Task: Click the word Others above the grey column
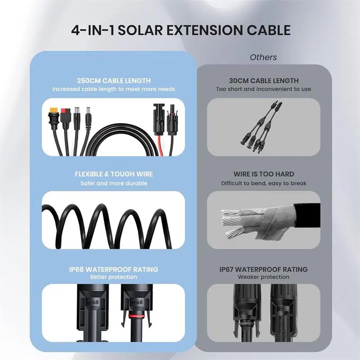point(263,57)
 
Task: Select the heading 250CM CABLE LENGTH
point(113,81)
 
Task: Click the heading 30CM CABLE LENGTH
point(263,81)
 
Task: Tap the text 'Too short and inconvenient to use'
point(263,89)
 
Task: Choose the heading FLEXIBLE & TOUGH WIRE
point(113,174)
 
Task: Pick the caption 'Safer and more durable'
point(113,183)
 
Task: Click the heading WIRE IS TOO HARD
point(263,174)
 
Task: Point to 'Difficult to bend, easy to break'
point(263,183)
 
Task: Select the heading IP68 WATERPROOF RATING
point(113,269)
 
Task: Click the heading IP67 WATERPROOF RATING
point(263,269)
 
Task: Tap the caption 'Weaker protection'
point(263,277)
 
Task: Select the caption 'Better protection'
point(113,277)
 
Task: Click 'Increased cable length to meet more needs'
point(113,89)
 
